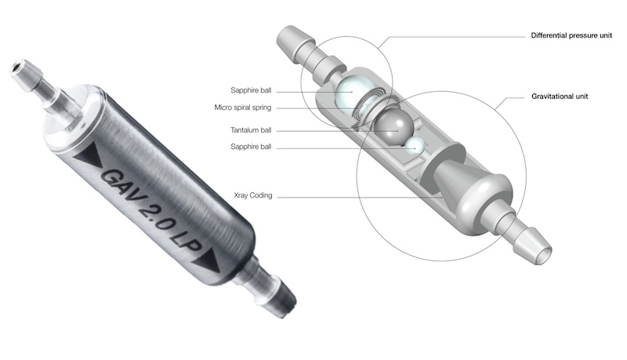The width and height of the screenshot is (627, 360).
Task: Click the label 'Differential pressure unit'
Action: click(571, 35)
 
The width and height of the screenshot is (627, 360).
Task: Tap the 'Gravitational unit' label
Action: click(560, 96)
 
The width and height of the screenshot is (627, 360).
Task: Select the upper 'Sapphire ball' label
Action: click(251, 90)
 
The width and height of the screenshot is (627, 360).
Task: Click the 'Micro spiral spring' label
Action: click(243, 107)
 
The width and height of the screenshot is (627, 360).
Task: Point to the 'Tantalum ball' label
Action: click(251, 130)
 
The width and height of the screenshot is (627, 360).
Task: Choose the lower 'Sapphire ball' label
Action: click(251, 147)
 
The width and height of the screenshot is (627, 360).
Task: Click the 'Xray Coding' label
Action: click(252, 195)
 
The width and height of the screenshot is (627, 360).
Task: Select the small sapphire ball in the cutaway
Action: click(415, 146)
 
